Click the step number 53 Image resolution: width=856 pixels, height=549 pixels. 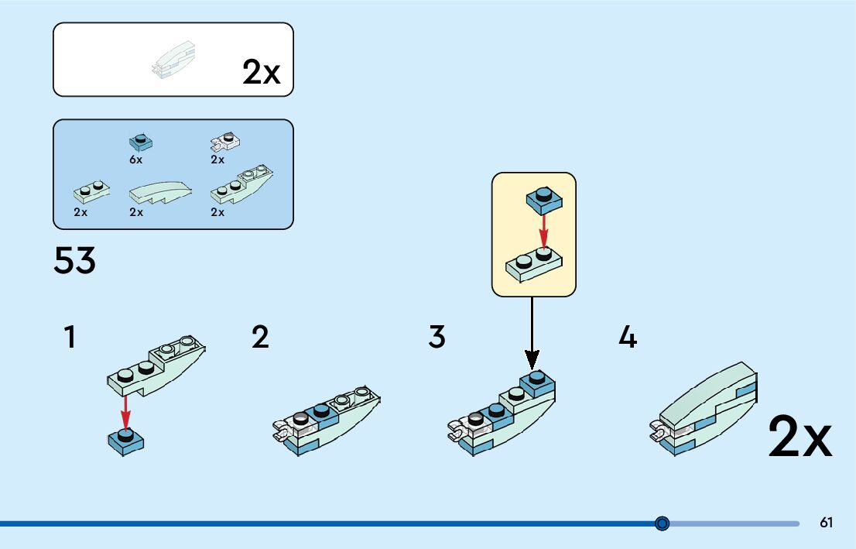[x=74, y=261]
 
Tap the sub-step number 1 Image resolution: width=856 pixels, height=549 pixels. [x=70, y=338]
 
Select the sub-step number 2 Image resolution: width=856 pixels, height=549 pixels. [x=260, y=338]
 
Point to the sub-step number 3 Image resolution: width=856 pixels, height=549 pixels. [x=437, y=338]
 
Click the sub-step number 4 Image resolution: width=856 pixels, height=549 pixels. [x=628, y=338]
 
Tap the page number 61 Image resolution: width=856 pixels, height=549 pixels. [x=827, y=523]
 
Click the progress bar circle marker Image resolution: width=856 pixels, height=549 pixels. [x=662, y=523]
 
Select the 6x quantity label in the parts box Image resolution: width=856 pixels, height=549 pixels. [x=136, y=160]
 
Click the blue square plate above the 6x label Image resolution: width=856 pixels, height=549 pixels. [x=140, y=142]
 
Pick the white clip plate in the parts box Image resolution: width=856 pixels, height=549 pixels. [x=225, y=142]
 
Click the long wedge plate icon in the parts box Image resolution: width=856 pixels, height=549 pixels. [x=241, y=186]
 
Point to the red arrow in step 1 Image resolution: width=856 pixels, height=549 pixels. [x=126, y=410]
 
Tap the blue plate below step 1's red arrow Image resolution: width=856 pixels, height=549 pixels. [x=126, y=441]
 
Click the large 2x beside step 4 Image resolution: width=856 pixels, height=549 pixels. [x=800, y=437]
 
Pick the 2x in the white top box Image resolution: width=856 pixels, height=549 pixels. [x=261, y=72]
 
